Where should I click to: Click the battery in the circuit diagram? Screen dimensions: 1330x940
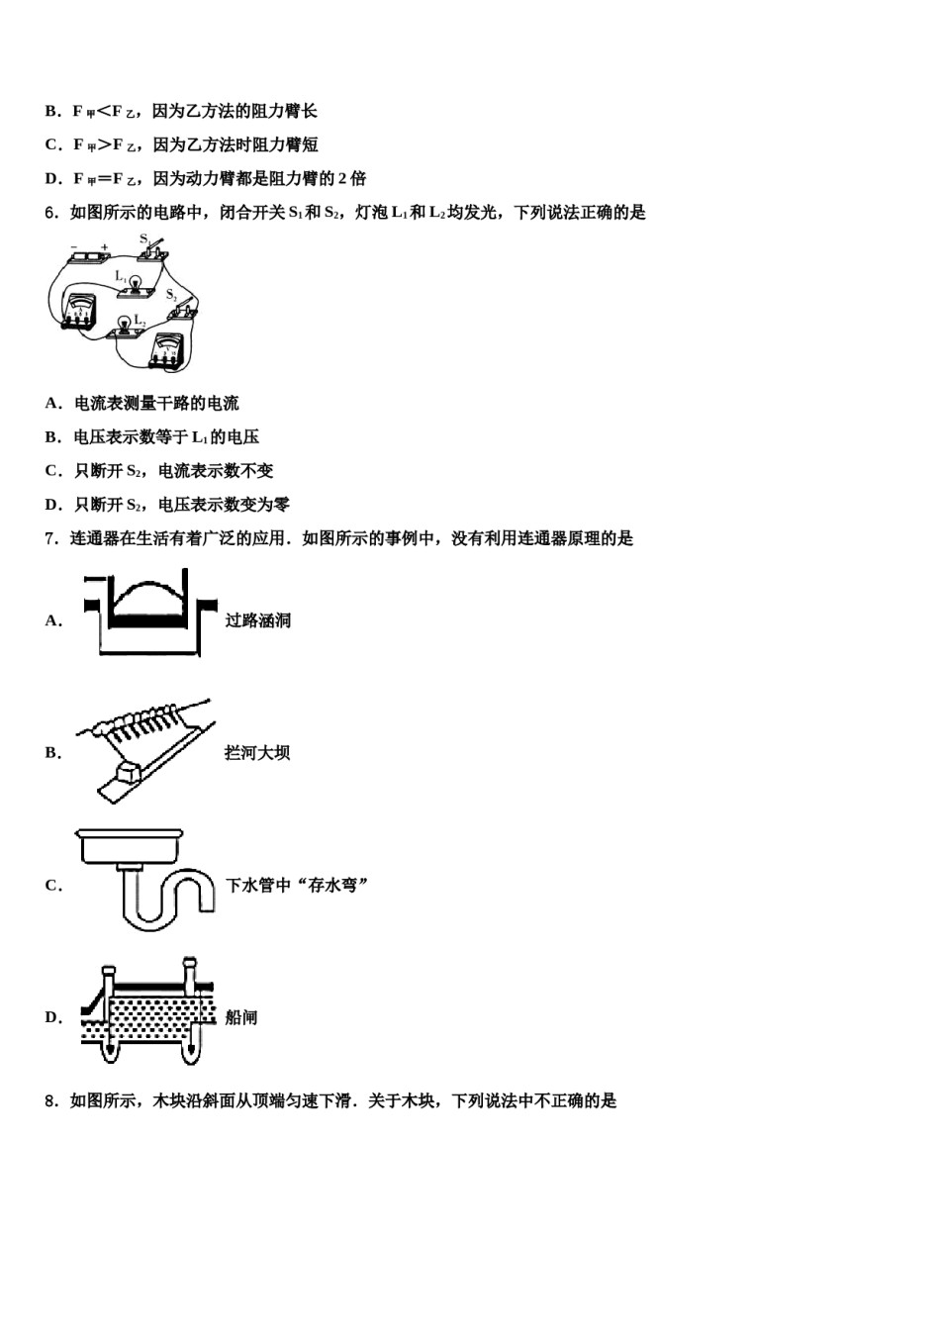[89, 259]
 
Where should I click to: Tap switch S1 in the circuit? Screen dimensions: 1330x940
[153, 251]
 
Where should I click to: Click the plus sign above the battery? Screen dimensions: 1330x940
[105, 246]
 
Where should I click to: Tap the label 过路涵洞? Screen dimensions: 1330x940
[257, 620]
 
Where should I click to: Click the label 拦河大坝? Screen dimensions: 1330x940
[257, 753]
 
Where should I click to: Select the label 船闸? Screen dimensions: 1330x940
[241, 1017]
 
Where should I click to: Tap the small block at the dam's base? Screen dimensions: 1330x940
[130, 771]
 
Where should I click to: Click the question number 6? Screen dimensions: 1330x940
[50, 212]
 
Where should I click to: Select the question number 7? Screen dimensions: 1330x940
[50, 538]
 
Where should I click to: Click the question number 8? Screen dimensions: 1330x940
[50, 1100]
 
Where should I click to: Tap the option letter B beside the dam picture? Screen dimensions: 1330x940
[51, 753]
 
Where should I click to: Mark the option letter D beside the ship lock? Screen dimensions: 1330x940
[51, 1017]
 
